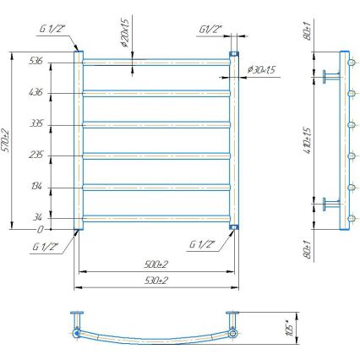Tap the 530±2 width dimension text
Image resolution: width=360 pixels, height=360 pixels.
pyautogui.click(x=155, y=279)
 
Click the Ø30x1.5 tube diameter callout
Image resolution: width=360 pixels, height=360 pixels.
pyautogui.click(x=263, y=68)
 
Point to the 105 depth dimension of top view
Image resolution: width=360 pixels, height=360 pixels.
pyautogui.click(x=289, y=326)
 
